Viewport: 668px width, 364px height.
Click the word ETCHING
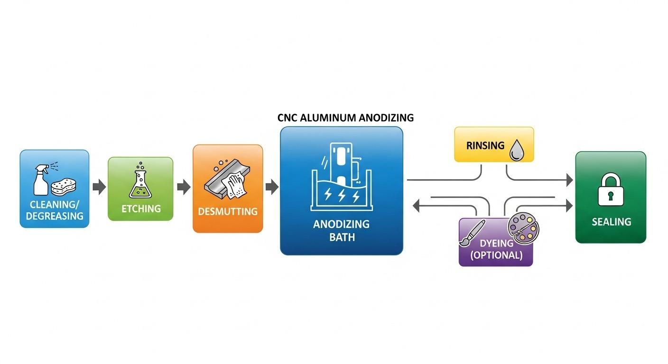pyautogui.click(x=141, y=209)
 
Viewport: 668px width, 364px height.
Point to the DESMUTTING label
pyautogui.click(x=228, y=211)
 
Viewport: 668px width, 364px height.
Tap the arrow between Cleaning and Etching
pyautogui.click(x=99, y=187)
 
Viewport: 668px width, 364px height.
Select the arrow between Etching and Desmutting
pyautogui.click(x=183, y=187)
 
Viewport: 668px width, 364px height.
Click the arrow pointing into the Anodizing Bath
pyautogui.click(x=271, y=187)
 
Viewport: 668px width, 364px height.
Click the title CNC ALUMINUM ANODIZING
pyautogui.click(x=345, y=118)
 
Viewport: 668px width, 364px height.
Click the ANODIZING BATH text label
pyautogui.click(x=341, y=230)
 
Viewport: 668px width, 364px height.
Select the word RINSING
pyautogui.click(x=485, y=146)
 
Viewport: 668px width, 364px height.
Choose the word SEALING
pyautogui.click(x=611, y=222)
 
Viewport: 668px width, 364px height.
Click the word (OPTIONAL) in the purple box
pyautogui.click(x=496, y=255)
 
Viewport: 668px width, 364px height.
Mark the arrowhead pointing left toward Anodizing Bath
pyautogui.click(x=417, y=206)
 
